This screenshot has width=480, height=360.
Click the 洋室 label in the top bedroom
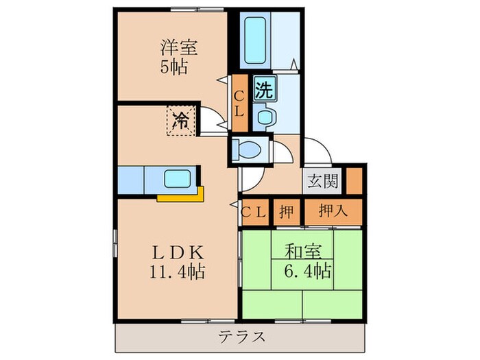(x=180, y=49)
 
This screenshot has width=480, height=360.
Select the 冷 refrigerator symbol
(x=181, y=121)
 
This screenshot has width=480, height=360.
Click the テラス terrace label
(x=240, y=337)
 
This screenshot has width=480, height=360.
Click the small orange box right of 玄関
(x=353, y=180)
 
